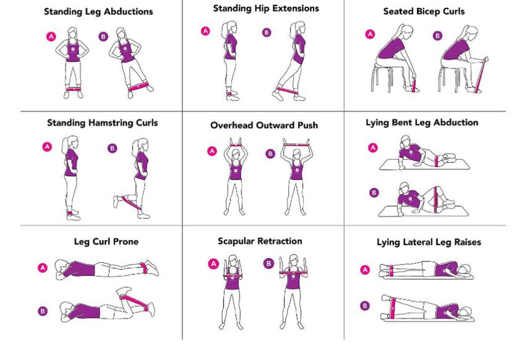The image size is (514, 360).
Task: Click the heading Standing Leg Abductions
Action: pos(98,12)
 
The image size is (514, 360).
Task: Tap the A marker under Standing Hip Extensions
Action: pos(206,31)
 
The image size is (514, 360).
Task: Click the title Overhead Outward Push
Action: pos(264,125)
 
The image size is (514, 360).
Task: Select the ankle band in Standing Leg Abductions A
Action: pos(73,89)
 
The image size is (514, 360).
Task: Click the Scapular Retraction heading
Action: pos(260,241)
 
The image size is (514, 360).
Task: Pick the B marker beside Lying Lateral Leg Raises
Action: pos(365,306)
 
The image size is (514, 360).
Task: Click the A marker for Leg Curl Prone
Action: pos(43,268)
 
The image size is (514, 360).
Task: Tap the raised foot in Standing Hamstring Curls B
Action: pos(117,201)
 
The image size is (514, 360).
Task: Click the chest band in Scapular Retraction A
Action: pos(233,275)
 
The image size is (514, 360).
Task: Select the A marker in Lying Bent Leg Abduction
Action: pos(373,148)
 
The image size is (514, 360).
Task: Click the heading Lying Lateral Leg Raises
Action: pos(428,242)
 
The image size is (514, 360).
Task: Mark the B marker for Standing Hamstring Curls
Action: pos(113,148)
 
